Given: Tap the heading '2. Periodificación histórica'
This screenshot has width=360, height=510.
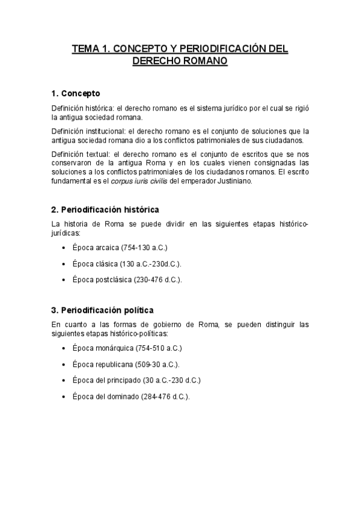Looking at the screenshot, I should click(105, 209).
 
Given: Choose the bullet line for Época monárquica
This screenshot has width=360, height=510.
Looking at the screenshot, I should click(126, 348).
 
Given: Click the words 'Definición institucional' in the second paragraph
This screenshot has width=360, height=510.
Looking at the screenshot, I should click(88, 131).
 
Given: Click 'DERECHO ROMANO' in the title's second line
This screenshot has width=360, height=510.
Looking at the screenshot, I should click(180, 61).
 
